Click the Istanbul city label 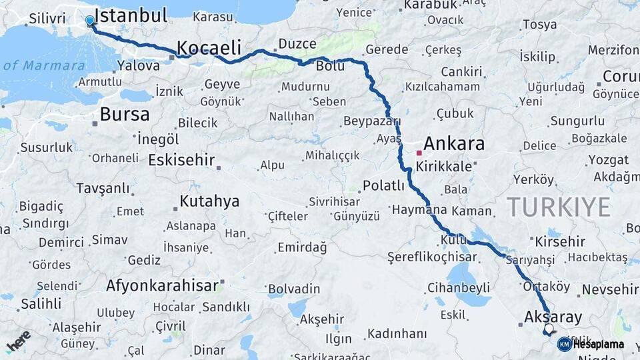(x=131, y=16)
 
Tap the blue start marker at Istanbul (x=90, y=21)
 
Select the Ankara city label (x=453, y=143)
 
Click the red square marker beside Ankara (x=419, y=153)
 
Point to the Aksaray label (x=553, y=317)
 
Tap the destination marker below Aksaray (x=549, y=329)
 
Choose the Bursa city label (x=125, y=115)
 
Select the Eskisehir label (x=181, y=160)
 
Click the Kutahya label (x=210, y=201)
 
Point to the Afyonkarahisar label (x=162, y=286)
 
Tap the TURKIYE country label (x=559, y=207)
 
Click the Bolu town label (x=330, y=67)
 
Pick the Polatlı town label (x=383, y=185)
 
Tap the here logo (x=18, y=341)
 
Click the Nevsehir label (x=609, y=289)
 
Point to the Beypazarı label (x=371, y=121)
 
